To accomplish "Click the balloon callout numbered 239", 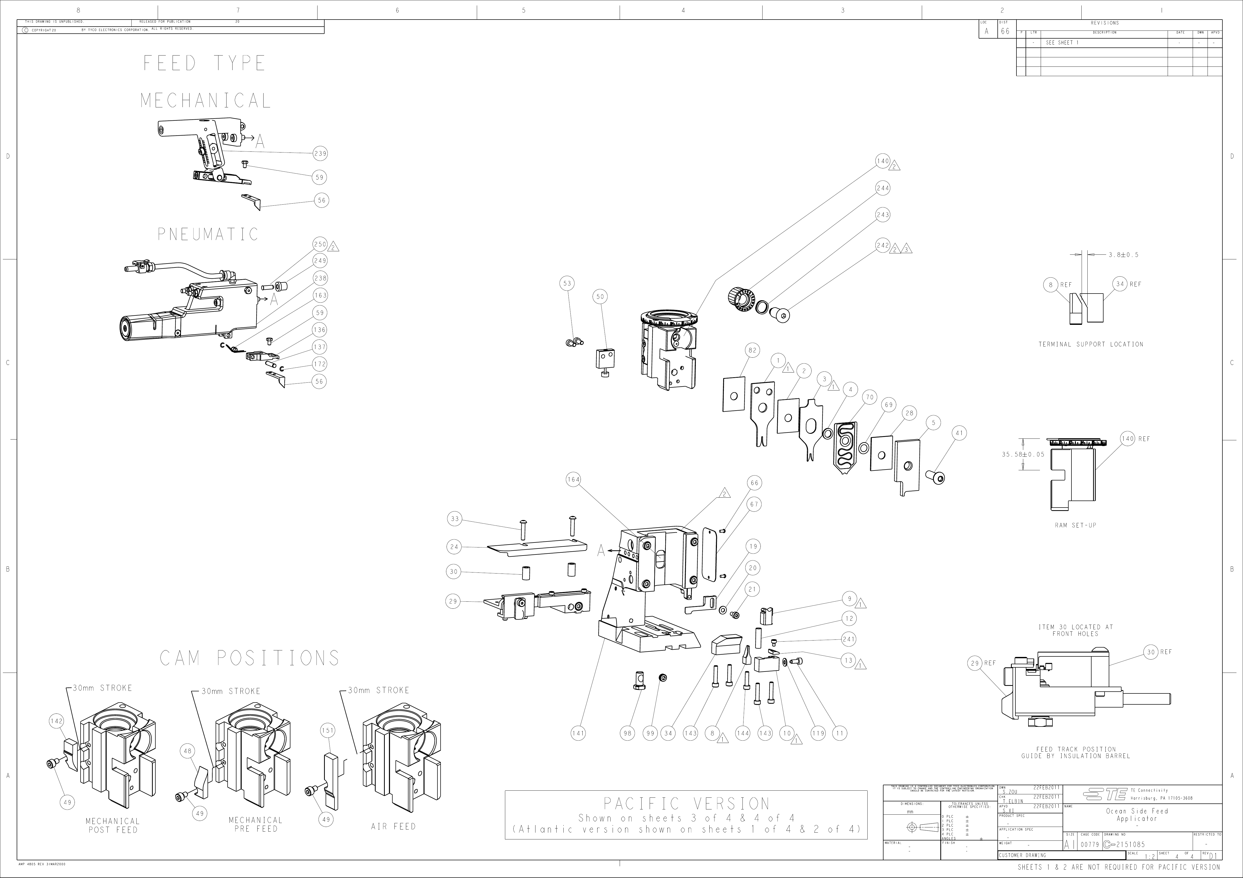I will coord(320,154).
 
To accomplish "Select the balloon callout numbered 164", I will coord(573,480).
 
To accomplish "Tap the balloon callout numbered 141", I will coord(578,734).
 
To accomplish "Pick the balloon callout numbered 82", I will coord(753,350).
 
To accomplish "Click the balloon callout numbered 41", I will coord(959,433).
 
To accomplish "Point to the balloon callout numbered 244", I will coord(883,188).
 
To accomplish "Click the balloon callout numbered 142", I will coord(56,721).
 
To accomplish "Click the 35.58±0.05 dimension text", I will coord(1023,455).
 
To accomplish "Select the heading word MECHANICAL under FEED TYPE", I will coord(206,101).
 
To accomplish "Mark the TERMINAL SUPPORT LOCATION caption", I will coord(1090,344).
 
